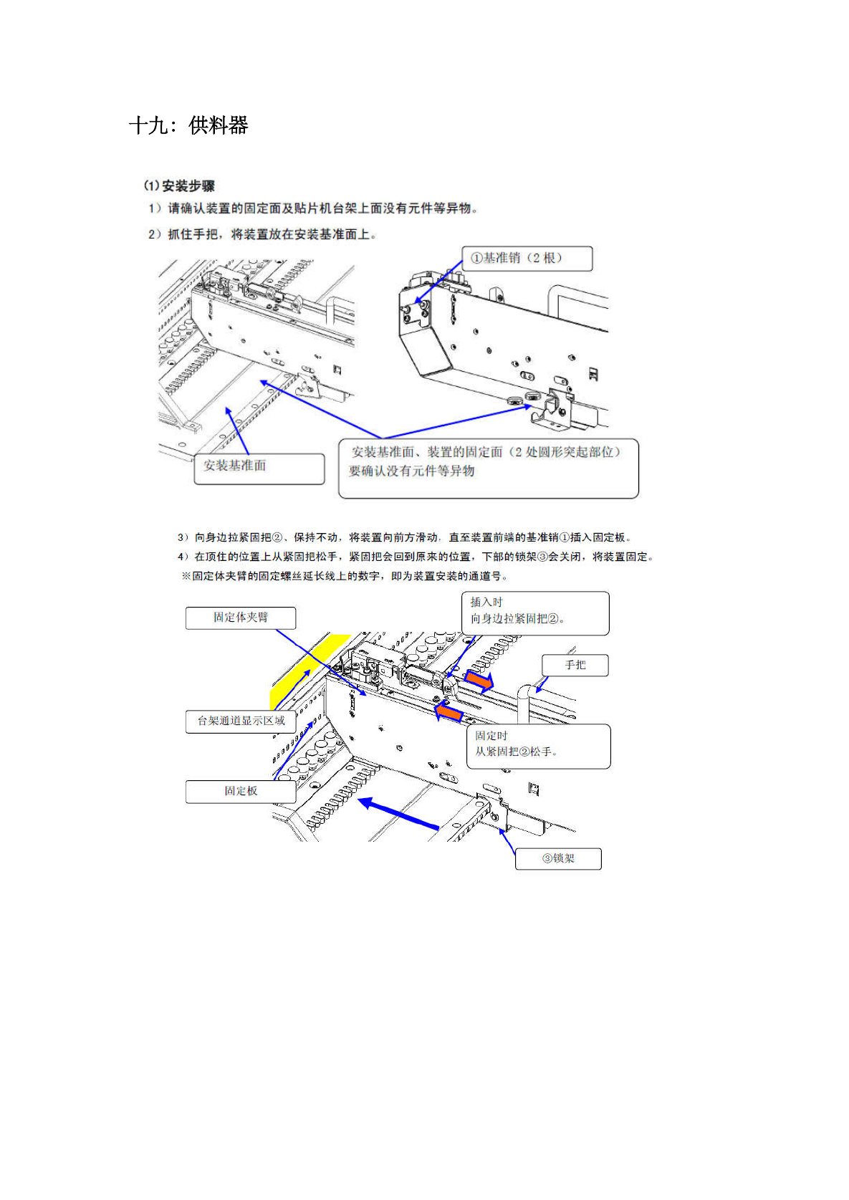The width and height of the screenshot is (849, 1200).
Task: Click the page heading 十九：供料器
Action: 188,125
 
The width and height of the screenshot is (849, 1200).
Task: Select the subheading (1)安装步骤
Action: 179,186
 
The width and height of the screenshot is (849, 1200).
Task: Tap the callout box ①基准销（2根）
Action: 527,258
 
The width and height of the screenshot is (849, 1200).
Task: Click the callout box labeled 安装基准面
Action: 259,468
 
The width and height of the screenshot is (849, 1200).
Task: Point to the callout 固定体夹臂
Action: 240,618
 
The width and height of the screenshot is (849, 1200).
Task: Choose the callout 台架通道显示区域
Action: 241,721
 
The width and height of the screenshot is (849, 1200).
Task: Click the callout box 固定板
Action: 240,791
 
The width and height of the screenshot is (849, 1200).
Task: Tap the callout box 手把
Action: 575,665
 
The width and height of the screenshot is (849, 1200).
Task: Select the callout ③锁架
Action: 558,858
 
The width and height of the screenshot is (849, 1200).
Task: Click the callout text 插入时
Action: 486,602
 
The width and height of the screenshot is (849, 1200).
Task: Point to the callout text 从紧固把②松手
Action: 516,752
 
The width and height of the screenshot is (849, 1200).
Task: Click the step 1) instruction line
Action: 313,208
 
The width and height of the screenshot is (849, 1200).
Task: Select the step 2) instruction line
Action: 262,234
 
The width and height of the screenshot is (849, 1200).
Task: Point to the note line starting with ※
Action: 345,576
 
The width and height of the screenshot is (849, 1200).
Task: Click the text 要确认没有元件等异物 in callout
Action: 412,471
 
